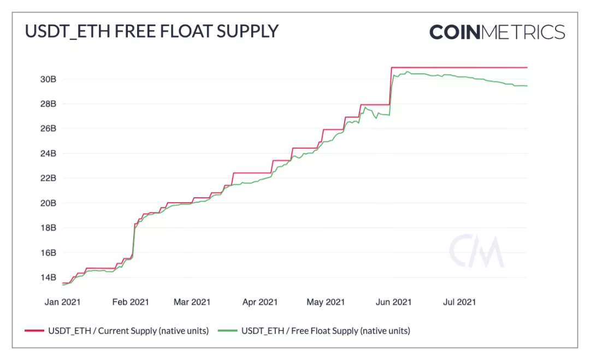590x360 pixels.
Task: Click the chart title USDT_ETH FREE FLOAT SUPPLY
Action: pyautogui.click(x=151, y=31)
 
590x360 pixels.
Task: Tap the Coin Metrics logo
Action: pyautogui.click(x=497, y=32)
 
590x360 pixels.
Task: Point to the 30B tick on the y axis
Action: pyautogui.click(x=48, y=79)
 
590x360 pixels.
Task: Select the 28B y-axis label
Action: pyautogui.click(x=48, y=104)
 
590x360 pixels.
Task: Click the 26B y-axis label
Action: pyautogui.click(x=48, y=128)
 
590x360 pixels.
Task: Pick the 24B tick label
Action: pyautogui.click(x=48, y=154)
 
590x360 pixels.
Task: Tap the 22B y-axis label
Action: pyautogui.click(x=48, y=178)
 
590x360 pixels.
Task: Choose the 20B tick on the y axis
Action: pyautogui.click(x=48, y=203)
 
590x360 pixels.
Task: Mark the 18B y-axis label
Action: pyautogui.click(x=48, y=228)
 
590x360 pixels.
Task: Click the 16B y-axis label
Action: pyautogui.click(x=48, y=253)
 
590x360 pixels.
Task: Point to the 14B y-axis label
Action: pyautogui.click(x=48, y=278)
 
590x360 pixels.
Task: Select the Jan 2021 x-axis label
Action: pyautogui.click(x=63, y=302)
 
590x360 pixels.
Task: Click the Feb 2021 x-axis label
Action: pyautogui.click(x=131, y=302)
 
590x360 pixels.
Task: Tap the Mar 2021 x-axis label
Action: pyautogui.click(x=192, y=302)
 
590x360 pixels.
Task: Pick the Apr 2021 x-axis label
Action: pyautogui.click(x=260, y=302)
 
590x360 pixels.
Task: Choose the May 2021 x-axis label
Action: pyautogui.click(x=326, y=302)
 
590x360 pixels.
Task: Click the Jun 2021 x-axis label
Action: pyautogui.click(x=394, y=302)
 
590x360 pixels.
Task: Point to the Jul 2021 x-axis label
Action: pyautogui.click(x=459, y=302)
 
